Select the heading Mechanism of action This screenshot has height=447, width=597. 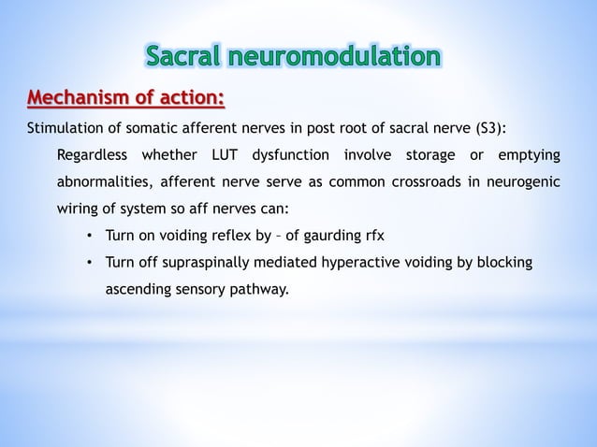[125, 97]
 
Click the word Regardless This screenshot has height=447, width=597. [92, 154]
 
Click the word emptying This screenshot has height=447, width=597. [529, 154]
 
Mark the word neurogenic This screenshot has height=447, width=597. [524, 181]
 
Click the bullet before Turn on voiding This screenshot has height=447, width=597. [89, 236]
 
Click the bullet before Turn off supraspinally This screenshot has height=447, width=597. [89, 263]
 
